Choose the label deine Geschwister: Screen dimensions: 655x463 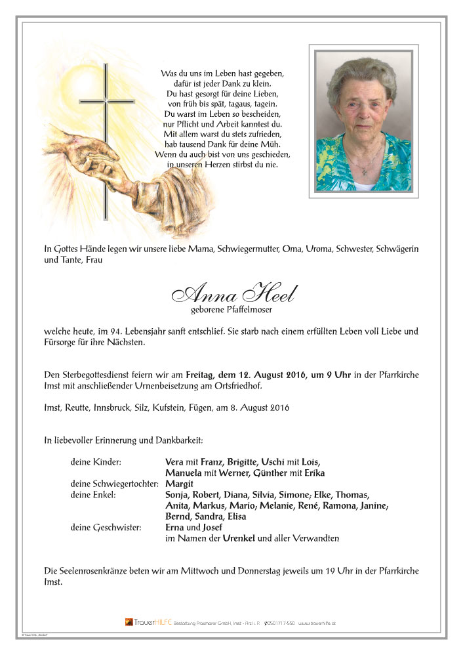pos(105,527)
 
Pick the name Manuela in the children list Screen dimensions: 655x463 pos(186,473)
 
